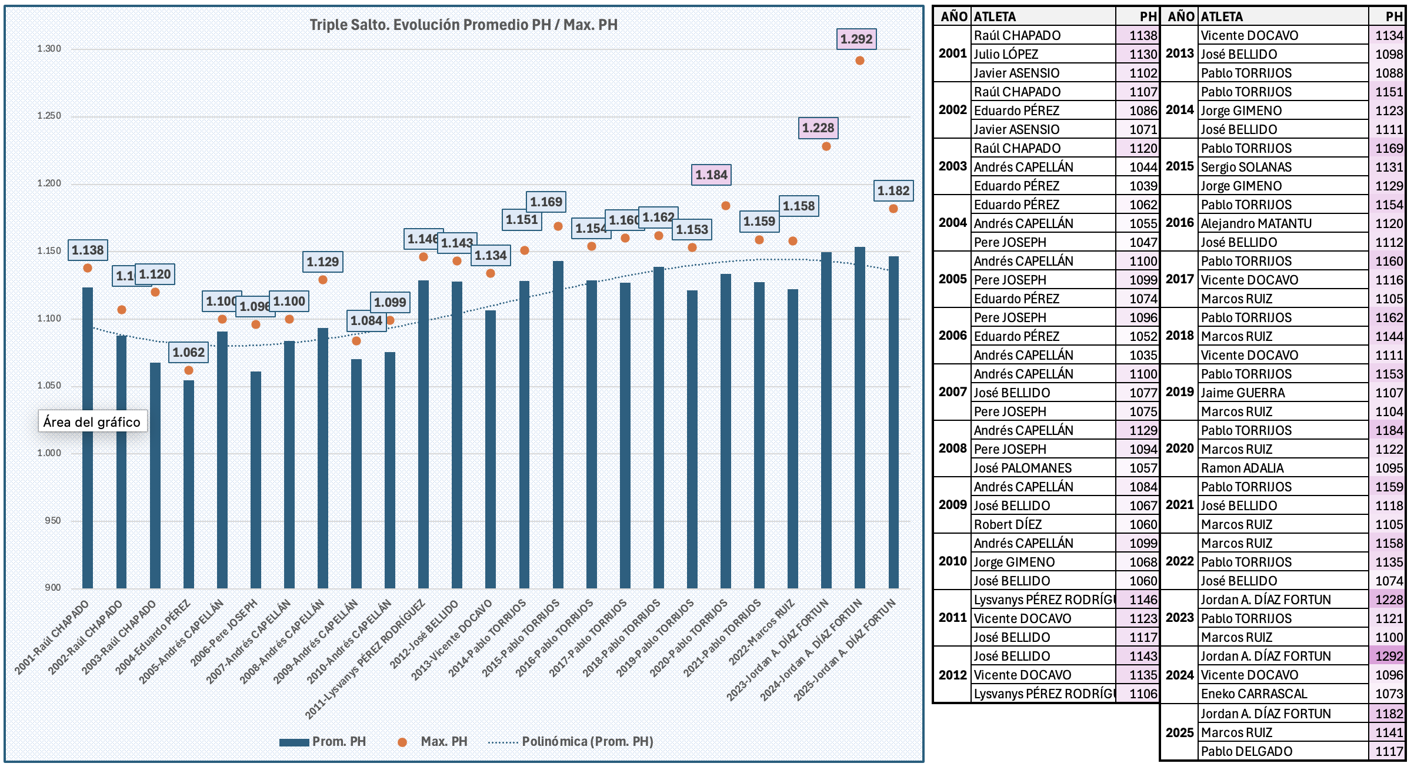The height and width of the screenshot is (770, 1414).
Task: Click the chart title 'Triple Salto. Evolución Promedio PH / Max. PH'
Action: [463, 25]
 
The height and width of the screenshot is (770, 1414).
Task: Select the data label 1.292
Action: [856, 39]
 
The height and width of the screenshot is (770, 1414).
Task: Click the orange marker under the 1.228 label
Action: [826, 146]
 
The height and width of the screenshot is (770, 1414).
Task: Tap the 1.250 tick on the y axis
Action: [49, 116]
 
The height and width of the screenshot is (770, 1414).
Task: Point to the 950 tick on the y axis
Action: [53, 521]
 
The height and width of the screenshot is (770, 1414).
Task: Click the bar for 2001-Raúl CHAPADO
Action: [88, 437]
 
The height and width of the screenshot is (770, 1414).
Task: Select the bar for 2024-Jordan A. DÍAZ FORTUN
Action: [860, 417]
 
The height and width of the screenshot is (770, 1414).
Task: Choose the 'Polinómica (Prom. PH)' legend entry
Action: [571, 742]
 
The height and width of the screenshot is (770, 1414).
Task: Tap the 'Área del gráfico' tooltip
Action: [92, 421]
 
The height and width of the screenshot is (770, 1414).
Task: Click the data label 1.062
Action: [188, 352]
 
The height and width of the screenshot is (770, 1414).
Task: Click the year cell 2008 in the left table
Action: [953, 448]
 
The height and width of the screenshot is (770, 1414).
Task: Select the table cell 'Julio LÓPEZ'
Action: [1006, 54]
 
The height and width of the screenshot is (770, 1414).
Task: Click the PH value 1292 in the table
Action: [1389, 656]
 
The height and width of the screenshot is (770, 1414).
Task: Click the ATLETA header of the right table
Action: [1222, 16]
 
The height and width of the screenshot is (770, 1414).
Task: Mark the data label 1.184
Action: [711, 175]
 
